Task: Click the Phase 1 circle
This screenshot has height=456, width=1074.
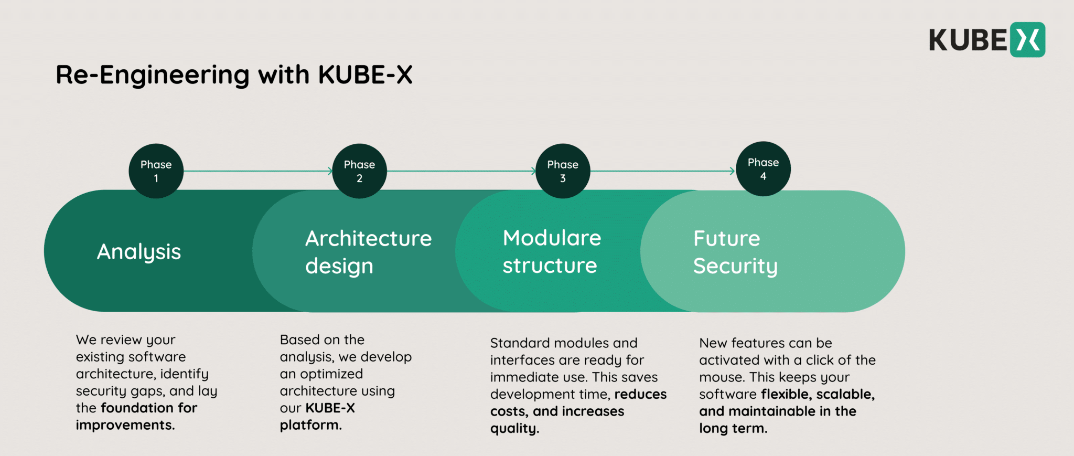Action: pos(156,171)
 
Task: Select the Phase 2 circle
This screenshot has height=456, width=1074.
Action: pos(359,171)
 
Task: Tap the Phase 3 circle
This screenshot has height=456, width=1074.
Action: pos(563,171)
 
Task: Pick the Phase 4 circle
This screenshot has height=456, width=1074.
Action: pos(763,169)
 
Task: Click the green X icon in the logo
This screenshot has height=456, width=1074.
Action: pos(1027,40)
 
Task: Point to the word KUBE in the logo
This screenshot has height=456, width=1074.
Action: pos(968,40)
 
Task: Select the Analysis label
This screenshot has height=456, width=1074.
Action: pos(139,252)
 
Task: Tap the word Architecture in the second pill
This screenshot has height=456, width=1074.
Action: pos(368,239)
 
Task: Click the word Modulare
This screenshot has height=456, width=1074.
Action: pos(552,238)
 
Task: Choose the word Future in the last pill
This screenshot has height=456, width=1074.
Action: pos(726,239)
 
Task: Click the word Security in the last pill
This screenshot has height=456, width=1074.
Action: pos(735,266)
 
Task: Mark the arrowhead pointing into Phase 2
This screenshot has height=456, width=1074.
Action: pos(330,171)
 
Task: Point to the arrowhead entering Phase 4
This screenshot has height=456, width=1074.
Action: pos(732,171)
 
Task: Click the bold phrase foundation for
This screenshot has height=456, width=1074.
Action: pos(149,408)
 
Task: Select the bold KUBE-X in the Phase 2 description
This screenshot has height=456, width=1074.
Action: pos(330,408)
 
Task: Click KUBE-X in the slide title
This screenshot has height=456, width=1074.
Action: pos(365,75)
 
